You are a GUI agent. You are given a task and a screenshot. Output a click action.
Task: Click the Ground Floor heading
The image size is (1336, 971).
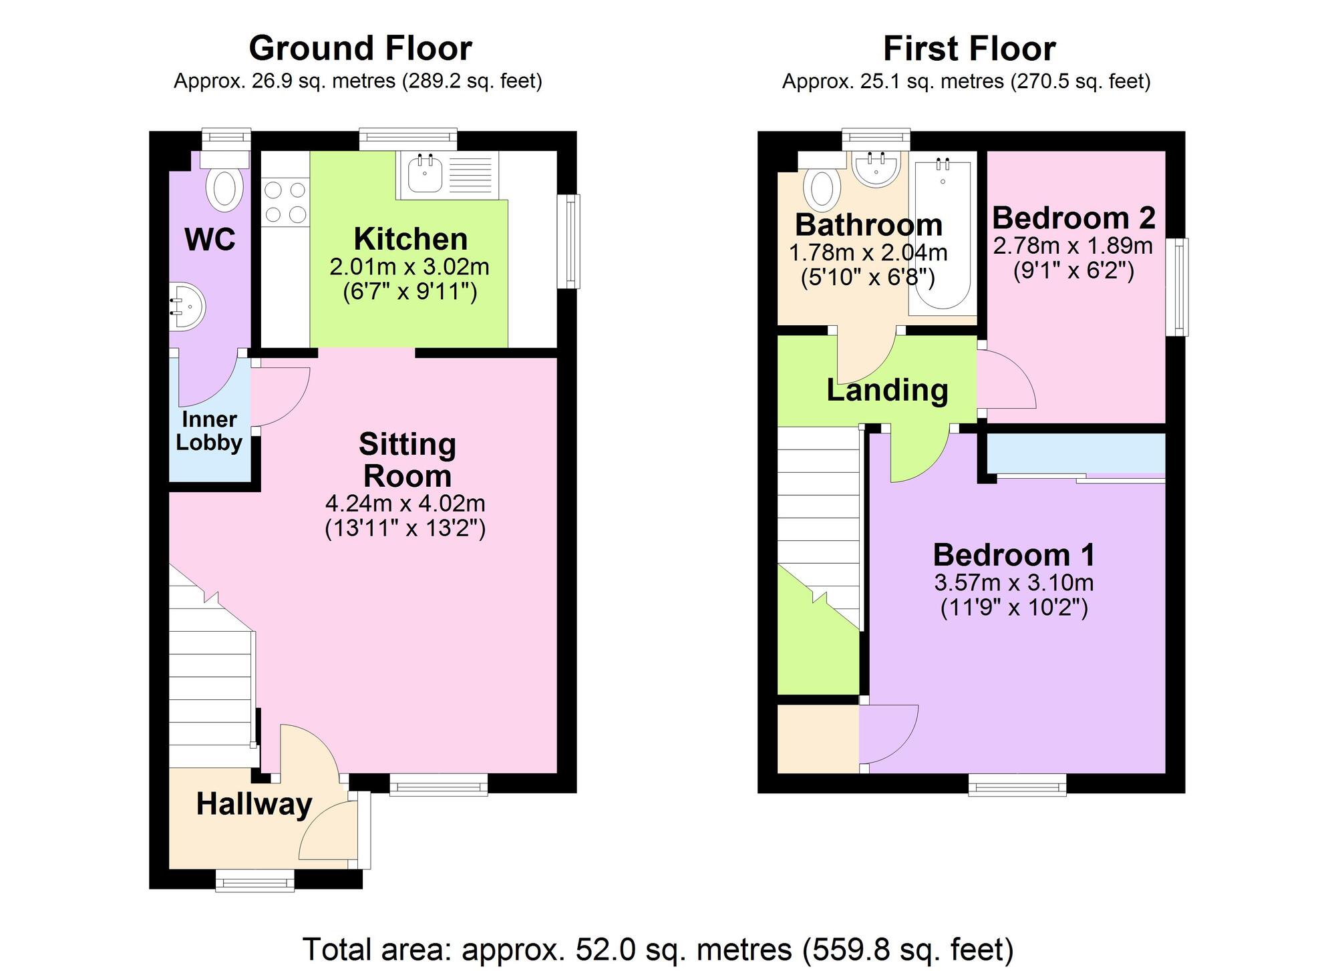point(360,49)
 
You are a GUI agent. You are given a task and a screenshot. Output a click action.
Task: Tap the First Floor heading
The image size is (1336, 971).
point(969,49)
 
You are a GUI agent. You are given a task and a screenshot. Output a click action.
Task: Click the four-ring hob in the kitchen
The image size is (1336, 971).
point(285,202)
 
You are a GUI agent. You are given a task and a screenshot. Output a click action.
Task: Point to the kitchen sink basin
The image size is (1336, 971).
point(425,173)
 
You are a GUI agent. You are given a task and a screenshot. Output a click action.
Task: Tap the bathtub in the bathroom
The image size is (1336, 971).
point(943,234)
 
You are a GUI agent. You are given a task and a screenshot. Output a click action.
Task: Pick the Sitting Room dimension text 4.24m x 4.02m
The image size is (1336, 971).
point(405,503)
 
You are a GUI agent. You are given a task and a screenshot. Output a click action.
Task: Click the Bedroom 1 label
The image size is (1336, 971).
point(1013,554)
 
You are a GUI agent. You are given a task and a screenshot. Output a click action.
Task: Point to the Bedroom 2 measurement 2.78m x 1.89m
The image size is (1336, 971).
point(1073,246)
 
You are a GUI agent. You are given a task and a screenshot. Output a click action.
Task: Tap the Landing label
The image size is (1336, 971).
point(887,390)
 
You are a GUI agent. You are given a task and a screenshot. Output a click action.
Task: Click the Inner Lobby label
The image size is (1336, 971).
point(209,431)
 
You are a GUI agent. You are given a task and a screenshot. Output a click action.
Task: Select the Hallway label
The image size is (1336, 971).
point(254,804)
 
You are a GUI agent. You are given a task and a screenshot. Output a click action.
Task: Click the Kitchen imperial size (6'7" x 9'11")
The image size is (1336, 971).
point(409,292)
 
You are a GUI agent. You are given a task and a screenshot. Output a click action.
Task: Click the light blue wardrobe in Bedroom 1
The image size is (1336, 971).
point(1075,453)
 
